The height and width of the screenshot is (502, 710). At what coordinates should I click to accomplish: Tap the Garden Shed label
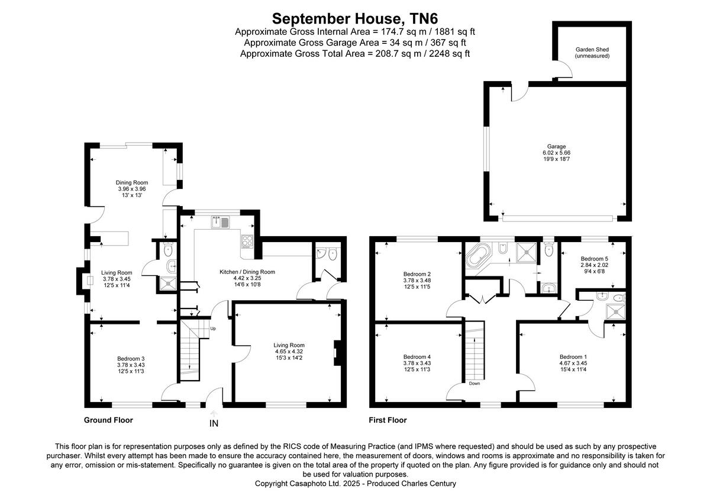click(x=592, y=53)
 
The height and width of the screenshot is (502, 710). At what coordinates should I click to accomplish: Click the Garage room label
click(x=556, y=146)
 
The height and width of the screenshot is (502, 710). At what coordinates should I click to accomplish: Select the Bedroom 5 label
click(x=594, y=259)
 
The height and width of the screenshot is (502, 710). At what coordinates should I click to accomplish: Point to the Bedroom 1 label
click(x=573, y=356)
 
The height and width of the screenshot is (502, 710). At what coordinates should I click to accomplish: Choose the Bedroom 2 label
click(x=417, y=274)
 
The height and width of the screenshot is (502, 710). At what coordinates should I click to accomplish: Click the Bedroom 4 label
click(x=417, y=356)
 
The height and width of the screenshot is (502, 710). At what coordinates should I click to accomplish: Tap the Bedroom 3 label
click(x=131, y=358)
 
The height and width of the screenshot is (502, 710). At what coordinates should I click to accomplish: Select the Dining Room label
click(x=131, y=182)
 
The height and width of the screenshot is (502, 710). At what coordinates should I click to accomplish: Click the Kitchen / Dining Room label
click(x=247, y=272)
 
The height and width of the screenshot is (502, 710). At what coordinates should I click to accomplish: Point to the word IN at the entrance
click(x=214, y=423)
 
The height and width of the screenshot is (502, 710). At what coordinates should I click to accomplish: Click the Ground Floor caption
click(x=108, y=420)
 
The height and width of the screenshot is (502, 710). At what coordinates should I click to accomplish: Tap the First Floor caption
click(x=388, y=420)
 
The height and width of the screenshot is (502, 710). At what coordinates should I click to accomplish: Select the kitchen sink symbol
click(x=221, y=223)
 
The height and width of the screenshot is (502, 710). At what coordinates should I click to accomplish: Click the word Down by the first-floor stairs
click(x=475, y=383)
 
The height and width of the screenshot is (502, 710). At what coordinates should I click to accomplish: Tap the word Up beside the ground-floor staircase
click(x=213, y=329)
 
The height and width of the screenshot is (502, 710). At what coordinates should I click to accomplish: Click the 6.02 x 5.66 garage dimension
click(x=556, y=153)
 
